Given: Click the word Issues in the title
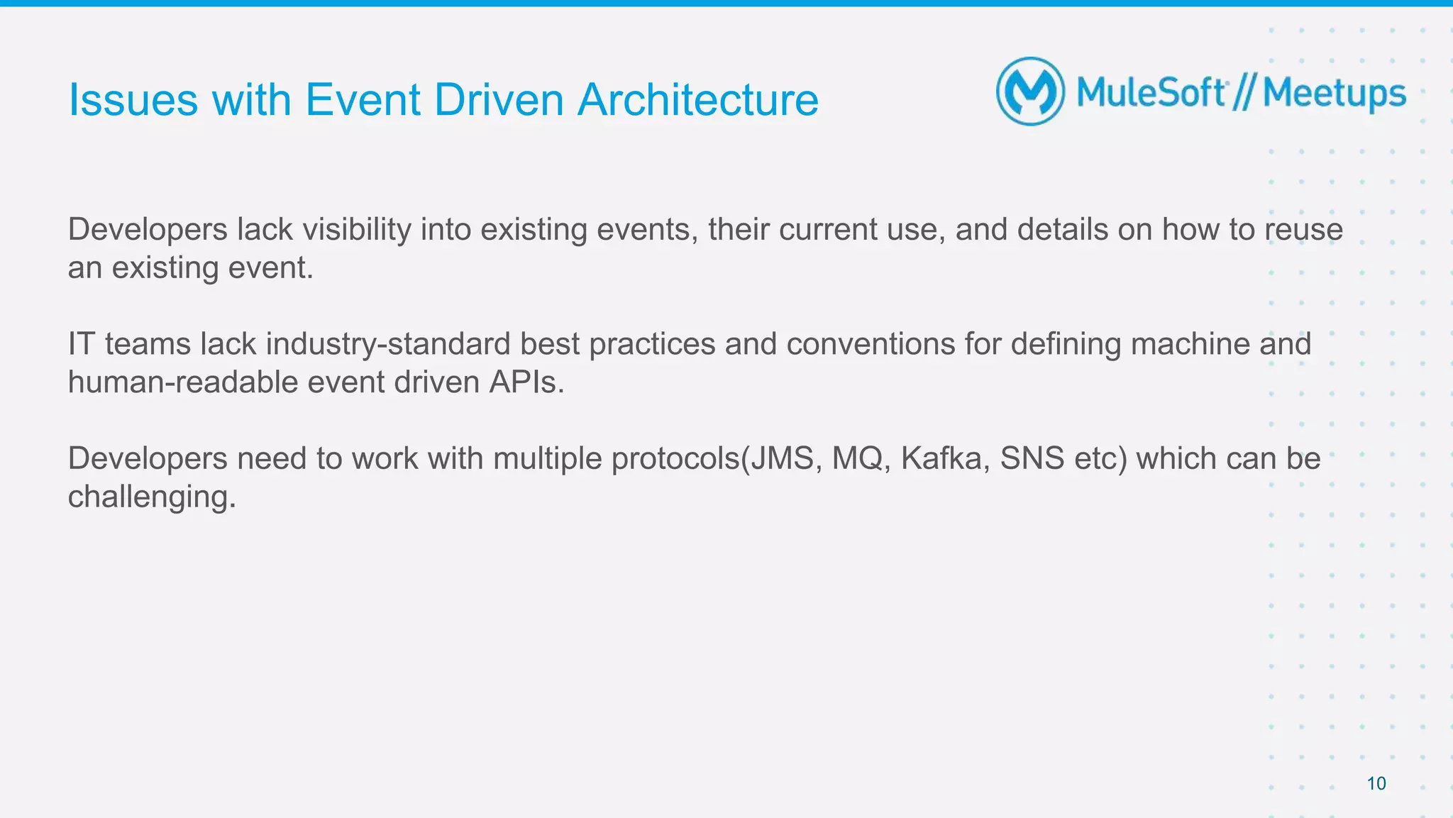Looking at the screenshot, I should (x=133, y=99).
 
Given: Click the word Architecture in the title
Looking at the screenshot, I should (x=697, y=99).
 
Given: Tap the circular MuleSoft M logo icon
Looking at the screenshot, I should (x=1030, y=92).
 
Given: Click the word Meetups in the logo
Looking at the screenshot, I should (x=1335, y=94).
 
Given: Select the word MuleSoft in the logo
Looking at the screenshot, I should (x=1151, y=93).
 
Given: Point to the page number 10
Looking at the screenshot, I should (x=1376, y=783).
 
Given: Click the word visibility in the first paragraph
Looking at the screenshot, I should (x=357, y=230).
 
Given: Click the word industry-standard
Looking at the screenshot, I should (x=387, y=344).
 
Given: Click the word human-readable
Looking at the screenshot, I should (x=182, y=382).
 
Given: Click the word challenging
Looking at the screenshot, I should (x=151, y=497).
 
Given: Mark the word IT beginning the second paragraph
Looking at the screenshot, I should (x=82, y=344).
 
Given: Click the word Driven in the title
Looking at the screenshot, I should (x=498, y=99).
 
